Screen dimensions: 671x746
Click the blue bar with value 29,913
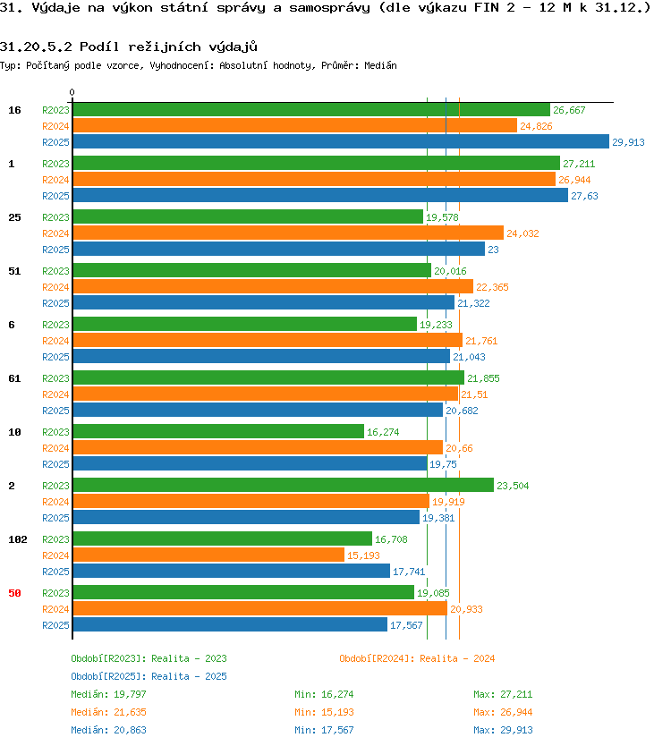pos(341,142)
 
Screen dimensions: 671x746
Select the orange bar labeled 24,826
pos(294,125)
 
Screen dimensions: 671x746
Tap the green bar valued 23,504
pos(283,486)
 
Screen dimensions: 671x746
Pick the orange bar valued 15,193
pos(208,555)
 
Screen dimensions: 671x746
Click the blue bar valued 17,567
pos(230,624)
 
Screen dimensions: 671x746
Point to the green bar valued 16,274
pos(218,431)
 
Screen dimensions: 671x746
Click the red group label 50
pos(14,593)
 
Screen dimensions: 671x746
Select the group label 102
pos(18,539)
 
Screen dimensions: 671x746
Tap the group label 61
pos(14,378)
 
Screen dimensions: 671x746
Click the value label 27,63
pos(584,196)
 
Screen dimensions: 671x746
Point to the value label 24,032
pos(522,233)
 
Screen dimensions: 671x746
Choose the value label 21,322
pos(473,303)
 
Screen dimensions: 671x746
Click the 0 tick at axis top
pos(72,92)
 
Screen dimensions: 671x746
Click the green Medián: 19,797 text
pos(108,695)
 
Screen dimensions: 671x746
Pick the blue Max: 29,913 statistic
pos(503,730)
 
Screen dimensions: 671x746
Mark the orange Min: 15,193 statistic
pos(324,712)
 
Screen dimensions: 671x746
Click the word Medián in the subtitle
pos(380,65)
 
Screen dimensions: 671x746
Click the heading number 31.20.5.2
pos(36,47)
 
